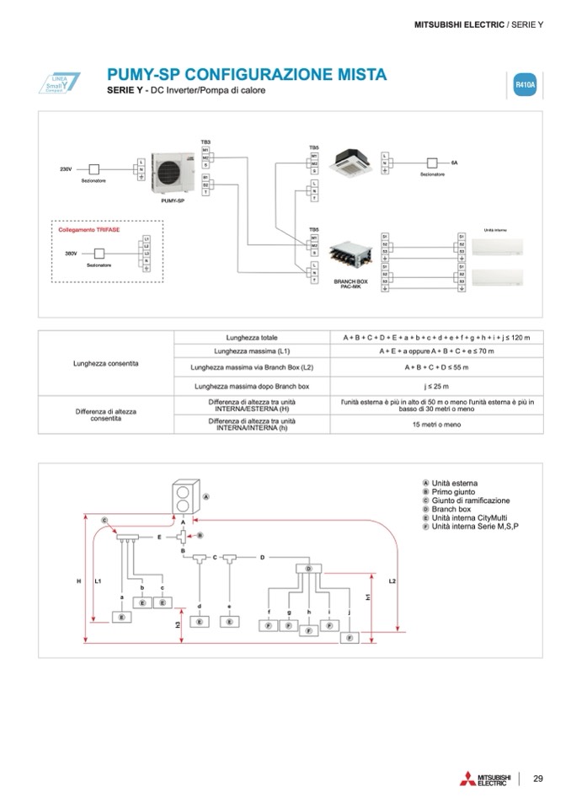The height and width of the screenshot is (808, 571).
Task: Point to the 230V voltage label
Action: tap(65, 169)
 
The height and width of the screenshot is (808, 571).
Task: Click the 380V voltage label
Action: tap(71, 253)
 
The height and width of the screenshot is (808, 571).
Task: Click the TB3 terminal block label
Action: tap(205, 142)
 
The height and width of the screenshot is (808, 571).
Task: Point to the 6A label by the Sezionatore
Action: tap(455, 161)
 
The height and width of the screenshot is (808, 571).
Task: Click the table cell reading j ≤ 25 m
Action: tap(436, 386)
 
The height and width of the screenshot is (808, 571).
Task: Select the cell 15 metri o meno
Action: tap(436, 424)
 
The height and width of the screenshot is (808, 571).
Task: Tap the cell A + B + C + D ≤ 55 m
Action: tap(436, 367)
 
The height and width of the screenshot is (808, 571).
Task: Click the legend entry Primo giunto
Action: tap(453, 491)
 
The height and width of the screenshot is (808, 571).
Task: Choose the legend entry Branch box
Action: tap(451, 509)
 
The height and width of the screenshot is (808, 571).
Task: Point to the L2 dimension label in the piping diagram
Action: tap(392, 581)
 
